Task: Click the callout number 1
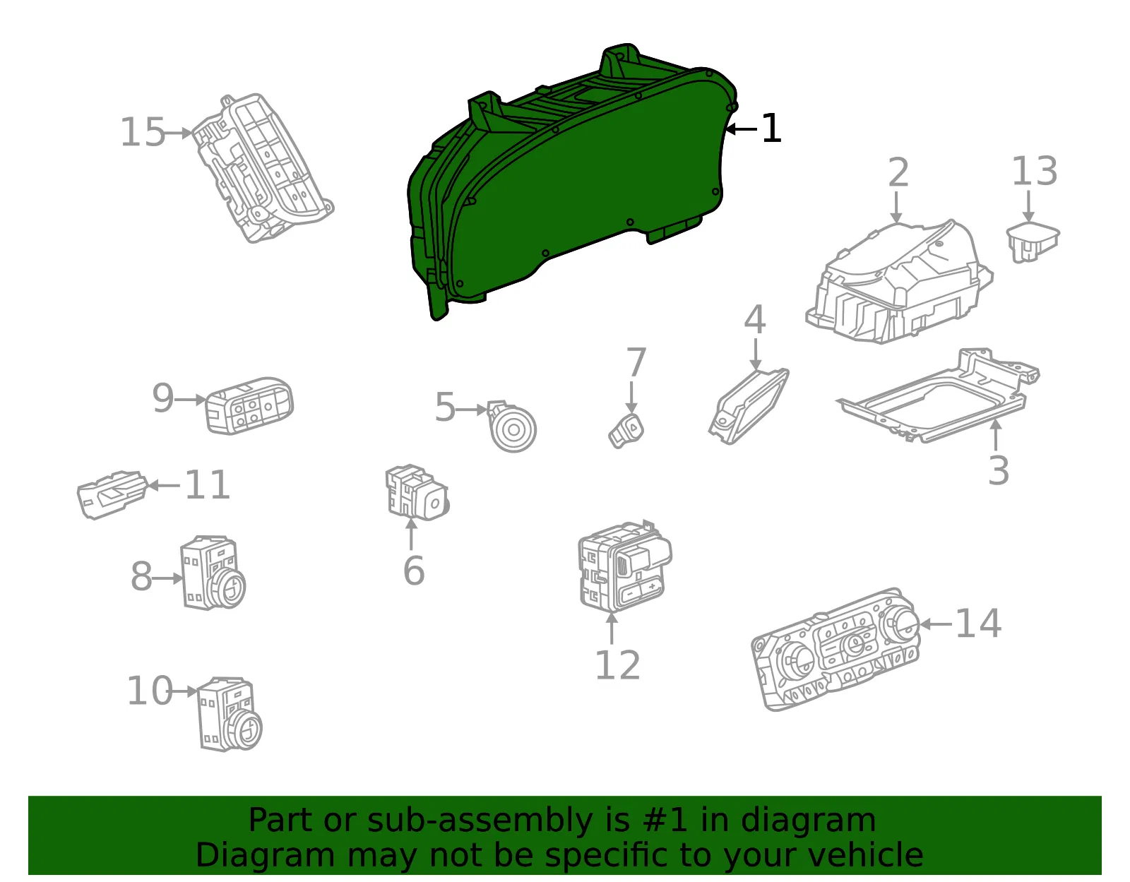[771, 129]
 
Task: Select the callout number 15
[143, 132]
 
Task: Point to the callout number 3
[999, 470]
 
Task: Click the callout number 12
[617, 665]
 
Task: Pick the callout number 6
[414, 571]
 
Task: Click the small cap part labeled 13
[1033, 242]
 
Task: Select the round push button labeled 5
[512, 427]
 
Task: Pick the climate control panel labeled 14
[835, 650]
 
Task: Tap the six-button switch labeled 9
[249, 405]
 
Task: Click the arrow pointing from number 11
[164, 485]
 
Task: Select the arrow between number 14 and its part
[936, 624]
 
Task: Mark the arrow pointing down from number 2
[896, 207]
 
